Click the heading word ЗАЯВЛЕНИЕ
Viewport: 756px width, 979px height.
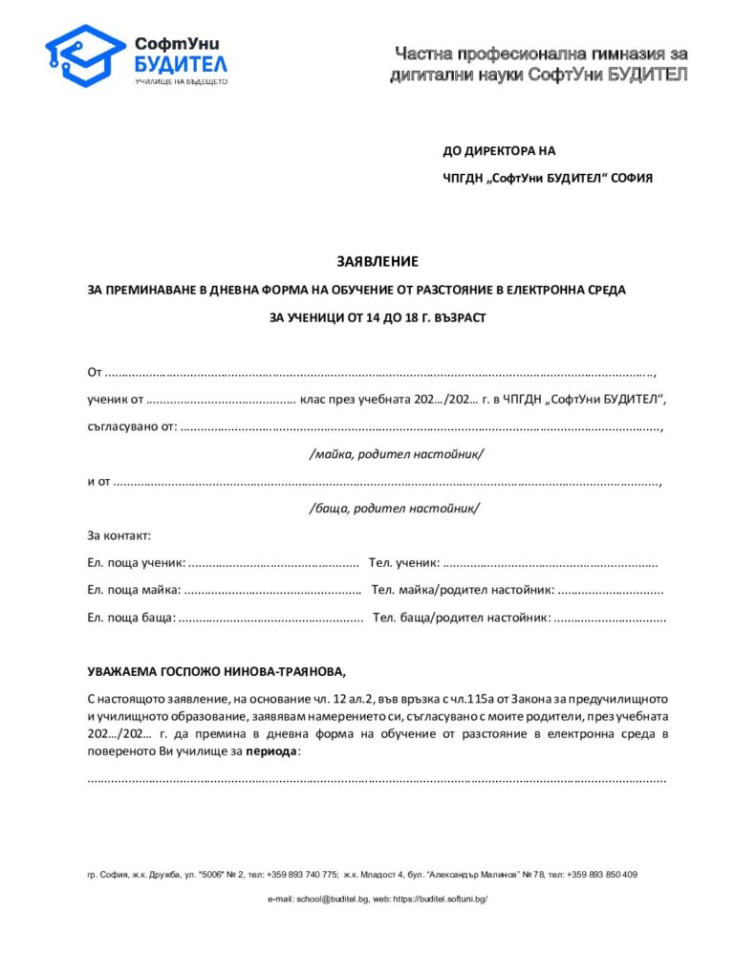tap(377, 261)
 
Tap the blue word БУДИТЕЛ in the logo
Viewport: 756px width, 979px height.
tap(181, 64)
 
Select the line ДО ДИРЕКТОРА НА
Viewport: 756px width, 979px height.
tap(498, 151)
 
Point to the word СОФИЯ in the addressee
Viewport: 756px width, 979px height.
tap(631, 178)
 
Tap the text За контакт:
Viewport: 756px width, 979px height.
tap(119, 535)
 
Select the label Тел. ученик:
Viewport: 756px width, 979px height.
tap(404, 563)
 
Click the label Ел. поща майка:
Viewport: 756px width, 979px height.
tap(133, 591)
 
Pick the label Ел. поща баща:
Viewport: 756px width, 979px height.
tap(131, 619)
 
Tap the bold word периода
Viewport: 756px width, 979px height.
tap(271, 751)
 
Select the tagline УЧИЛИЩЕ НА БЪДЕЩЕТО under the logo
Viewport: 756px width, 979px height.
tap(181, 82)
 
